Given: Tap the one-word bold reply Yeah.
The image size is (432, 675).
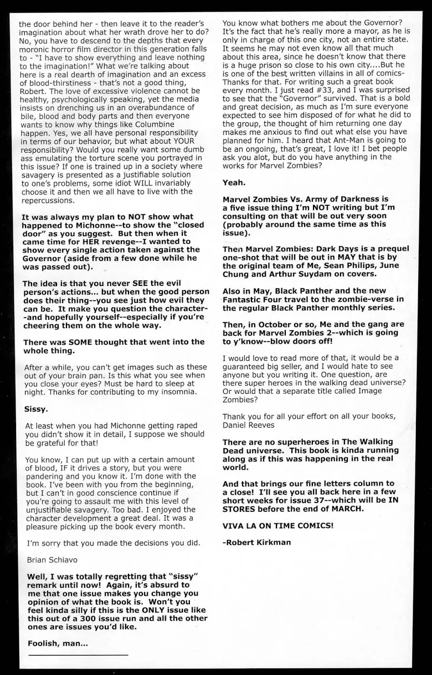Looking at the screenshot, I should [x=234, y=182].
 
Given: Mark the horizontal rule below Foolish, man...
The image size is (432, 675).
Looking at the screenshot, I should [x=78, y=655].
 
